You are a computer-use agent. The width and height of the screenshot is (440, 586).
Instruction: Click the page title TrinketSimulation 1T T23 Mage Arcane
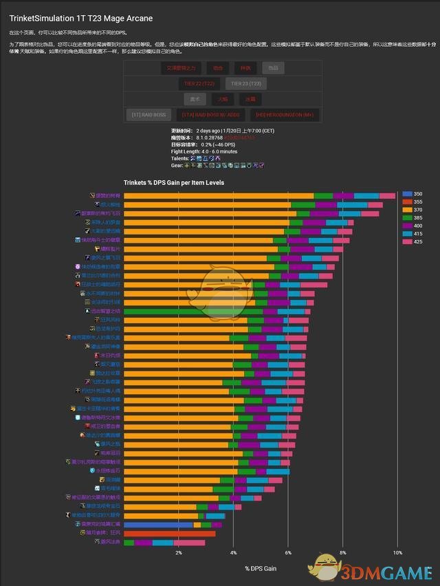(x=81, y=18)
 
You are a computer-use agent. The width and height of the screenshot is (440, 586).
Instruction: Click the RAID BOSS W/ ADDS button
(x=210, y=115)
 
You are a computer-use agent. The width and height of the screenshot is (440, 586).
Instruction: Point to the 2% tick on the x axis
(x=178, y=552)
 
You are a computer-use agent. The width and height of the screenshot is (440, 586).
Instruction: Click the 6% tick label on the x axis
(x=288, y=552)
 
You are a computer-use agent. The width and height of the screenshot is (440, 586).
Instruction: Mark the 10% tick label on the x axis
(x=397, y=552)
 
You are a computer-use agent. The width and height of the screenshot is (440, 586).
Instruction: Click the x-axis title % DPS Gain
(x=261, y=569)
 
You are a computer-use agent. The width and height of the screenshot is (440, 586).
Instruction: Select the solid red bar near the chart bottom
(x=169, y=533)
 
